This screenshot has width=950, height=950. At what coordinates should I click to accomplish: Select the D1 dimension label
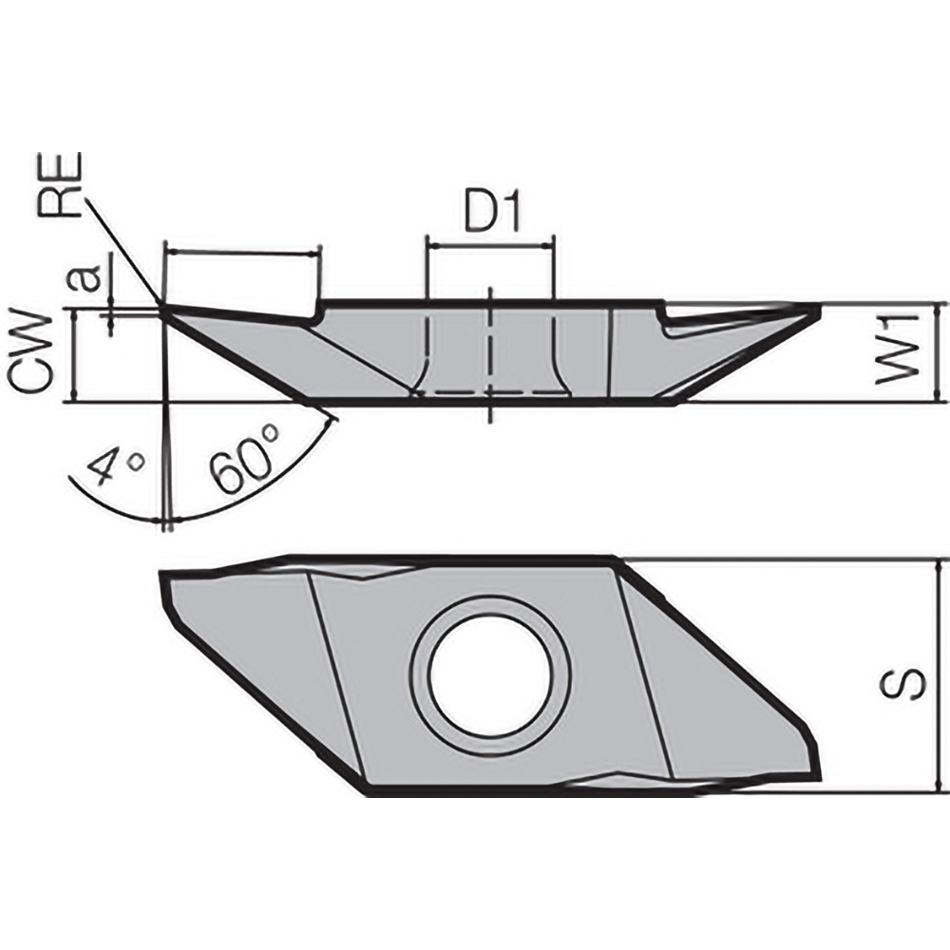(490, 215)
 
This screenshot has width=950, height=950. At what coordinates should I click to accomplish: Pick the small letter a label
(87, 278)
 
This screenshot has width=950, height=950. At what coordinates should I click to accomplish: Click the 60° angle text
(246, 461)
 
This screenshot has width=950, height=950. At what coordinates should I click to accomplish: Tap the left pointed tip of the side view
(161, 307)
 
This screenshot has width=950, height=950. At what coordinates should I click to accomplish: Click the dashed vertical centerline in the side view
(489, 351)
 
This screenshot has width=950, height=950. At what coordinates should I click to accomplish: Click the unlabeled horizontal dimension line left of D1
(241, 253)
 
